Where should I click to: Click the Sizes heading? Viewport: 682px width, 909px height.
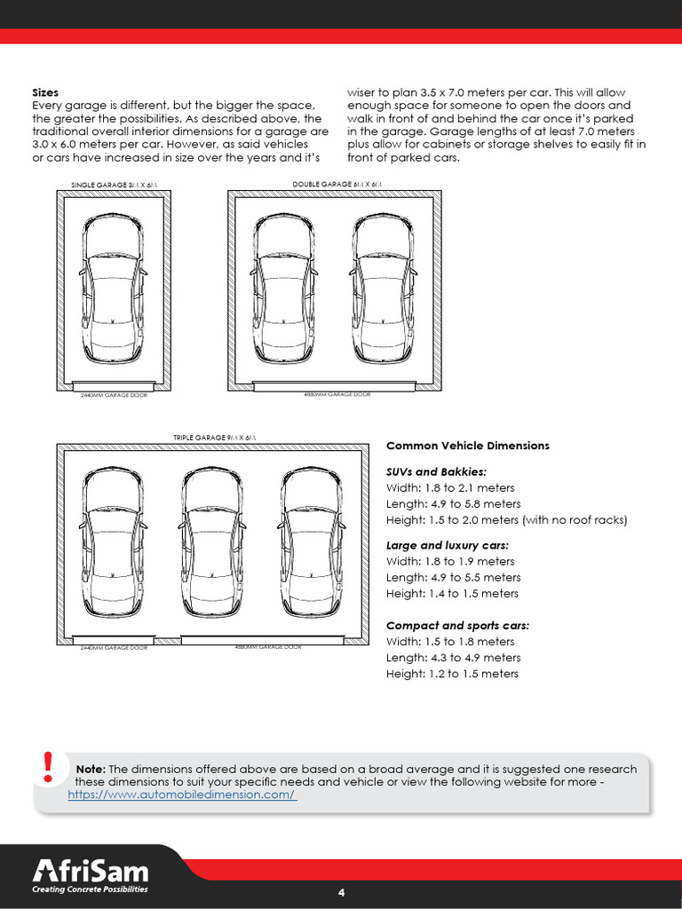click(45, 91)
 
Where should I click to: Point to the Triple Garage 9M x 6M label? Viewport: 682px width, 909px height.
click(213, 438)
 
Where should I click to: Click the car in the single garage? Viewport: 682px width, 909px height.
click(114, 288)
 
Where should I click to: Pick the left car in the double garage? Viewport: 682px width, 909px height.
click(282, 288)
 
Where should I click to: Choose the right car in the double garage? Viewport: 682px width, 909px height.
click(383, 288)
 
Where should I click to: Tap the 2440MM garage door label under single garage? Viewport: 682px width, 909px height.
click(114, 394)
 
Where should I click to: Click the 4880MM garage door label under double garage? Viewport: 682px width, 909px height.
click(337, 393)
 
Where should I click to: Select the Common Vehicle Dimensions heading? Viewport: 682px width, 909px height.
click(468, 446)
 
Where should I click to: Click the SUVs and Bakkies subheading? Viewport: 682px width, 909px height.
click(436, 471)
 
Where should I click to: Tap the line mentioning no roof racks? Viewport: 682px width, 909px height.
click(507, 520)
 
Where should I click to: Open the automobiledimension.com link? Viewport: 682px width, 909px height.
click(182, 795)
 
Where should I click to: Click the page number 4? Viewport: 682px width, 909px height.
click(341, 892)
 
